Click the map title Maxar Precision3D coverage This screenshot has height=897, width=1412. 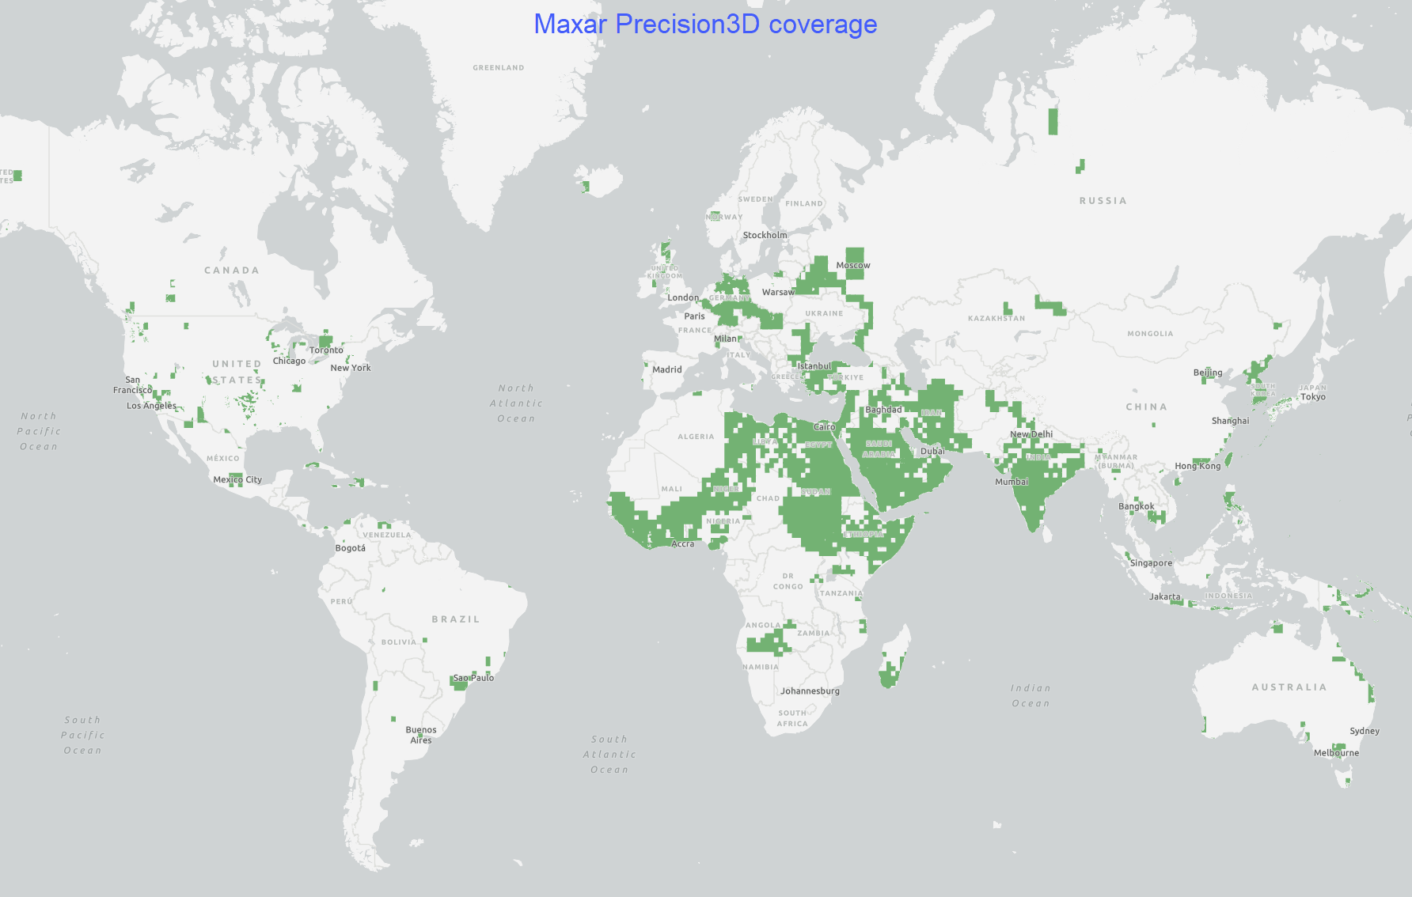[705, 25]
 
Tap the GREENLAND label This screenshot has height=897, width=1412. [498, 68]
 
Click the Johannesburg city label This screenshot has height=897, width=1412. [810, 691]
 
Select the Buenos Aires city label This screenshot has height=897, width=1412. [421, 735]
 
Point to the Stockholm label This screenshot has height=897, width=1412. [765, 236]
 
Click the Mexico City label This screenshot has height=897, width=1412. [237, 480]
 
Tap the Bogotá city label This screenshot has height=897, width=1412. [350, 548]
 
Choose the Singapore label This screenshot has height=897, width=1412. [1151, 563]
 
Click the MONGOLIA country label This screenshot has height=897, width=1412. [1150, 334]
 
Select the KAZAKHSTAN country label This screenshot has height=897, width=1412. [996, 319]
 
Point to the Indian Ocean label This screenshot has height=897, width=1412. [1031, 696]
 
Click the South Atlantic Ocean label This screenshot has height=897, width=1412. [609, 755]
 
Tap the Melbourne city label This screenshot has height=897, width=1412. [1336, 753]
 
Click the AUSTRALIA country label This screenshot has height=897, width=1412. [1289, 687]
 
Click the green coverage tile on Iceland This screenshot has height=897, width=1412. [586, 187]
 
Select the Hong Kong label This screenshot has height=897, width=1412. [1198, 467]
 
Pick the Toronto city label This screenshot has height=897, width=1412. [326, 350]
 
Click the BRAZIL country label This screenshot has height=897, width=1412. [455, 619]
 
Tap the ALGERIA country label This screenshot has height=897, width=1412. [695, 437]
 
